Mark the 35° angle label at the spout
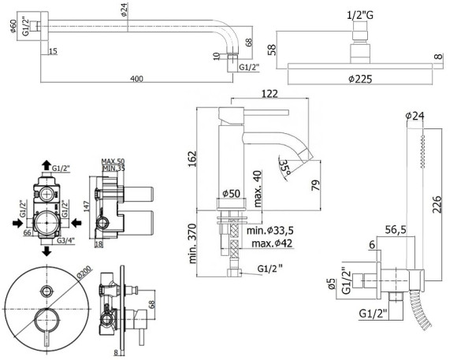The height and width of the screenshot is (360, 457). pos(284,167)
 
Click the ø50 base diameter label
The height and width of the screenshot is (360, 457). pos(231,194)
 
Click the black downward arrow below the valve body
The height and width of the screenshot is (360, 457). pos(48,251)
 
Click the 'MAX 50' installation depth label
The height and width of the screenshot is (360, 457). pos(115,161)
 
